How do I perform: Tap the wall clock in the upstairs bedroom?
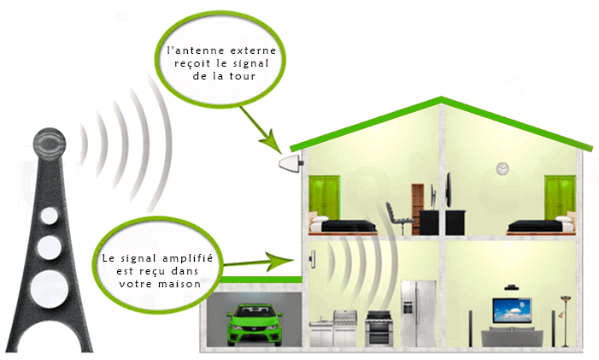tap(502, 168)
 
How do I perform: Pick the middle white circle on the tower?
tap(49, 247)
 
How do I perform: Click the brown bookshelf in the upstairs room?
tap(419, 206)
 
